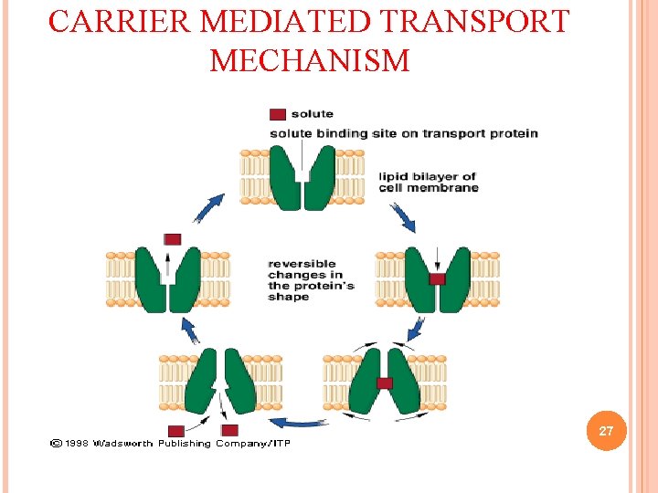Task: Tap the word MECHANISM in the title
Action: click(x=310, y=61)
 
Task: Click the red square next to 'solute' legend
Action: click(x=278, y=114)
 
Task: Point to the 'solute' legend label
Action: click(x=312, y=114)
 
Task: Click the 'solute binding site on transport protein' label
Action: click(x=403, y=133)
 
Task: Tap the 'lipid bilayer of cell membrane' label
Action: click(x=428, y=182)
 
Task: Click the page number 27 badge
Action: click(x=606, y=431)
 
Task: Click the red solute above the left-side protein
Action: click(x=172, y=239)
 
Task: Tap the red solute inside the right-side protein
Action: click(x=437, y=278)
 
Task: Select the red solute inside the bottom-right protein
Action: click(x=385, y=383)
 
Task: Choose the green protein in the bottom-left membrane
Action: click(x=219, y=382)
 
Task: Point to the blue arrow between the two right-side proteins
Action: click(x=417, y=329)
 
